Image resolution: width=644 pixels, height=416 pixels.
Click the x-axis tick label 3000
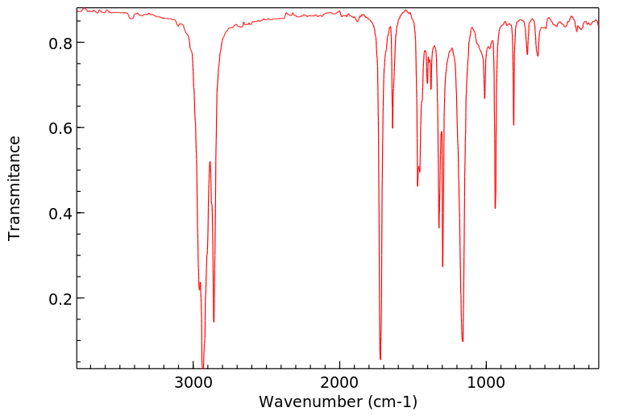click(x=193, y=382)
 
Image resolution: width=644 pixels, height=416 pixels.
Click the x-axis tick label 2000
click(x=339, y=382)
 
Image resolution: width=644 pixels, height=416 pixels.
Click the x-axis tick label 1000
click(x=486, y=382)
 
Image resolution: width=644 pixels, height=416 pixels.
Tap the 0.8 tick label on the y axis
click(x=60, y=43)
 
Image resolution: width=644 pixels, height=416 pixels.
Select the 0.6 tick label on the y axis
click(x=60, y=128)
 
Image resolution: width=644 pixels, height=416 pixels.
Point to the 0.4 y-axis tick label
click(x=60, y=214)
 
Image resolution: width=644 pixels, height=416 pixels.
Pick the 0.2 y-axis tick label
click(x=60, y=299)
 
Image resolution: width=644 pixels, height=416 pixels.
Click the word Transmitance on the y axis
click(x=15, y=188)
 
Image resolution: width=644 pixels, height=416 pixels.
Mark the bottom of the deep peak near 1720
click(x=380, y=359)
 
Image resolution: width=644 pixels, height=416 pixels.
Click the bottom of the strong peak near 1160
click(x=463, y=341)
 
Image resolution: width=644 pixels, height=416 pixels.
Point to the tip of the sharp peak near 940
click(x=495, y=208)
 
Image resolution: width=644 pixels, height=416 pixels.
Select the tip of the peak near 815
click(x=513, y=125)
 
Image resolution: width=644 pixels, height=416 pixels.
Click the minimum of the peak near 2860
click(x=214, y=322)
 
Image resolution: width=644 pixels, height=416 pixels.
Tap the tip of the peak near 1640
click(x=393, y=127)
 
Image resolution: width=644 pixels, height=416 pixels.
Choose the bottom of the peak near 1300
click(x=442, y=266)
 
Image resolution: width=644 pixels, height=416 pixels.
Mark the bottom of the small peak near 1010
click(x=484, y=98)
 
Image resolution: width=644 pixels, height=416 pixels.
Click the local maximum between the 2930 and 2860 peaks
click(x=210, y=162)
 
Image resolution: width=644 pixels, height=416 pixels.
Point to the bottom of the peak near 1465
click(x=418, y=185)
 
